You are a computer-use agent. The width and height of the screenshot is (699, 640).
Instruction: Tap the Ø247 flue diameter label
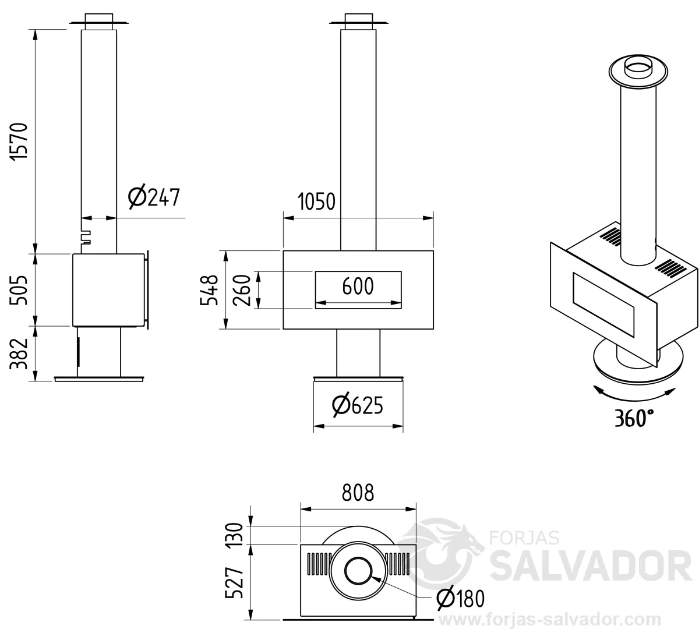(154, 197)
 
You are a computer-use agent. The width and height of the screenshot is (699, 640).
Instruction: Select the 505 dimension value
(19, 290)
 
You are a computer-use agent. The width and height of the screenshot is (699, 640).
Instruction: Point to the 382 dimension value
(19, 353)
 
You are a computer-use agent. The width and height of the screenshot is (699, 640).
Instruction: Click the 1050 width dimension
(316, 201)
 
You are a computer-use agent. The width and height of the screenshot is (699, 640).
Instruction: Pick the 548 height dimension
(209, 290)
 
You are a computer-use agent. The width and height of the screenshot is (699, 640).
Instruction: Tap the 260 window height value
(242, 290)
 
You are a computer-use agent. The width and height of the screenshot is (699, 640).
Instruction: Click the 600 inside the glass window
(358, 286)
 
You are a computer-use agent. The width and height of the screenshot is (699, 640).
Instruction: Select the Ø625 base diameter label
(358, 405)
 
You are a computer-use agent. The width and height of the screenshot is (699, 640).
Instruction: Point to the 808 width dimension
(358, 492)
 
